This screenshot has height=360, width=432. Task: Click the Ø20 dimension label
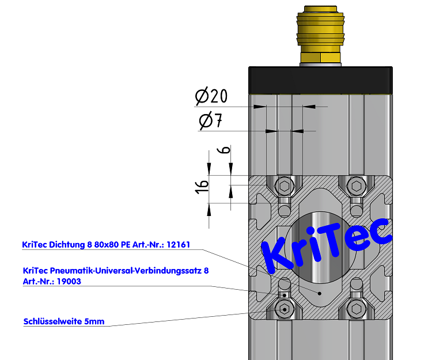[211, 96]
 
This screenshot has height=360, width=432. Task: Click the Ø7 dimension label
[210, 121]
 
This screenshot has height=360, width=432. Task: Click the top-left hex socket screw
[284, 186]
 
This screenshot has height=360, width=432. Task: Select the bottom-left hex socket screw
[284, 309]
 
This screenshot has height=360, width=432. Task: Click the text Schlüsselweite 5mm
[64, 321]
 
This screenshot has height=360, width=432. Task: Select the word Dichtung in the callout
[65, 245]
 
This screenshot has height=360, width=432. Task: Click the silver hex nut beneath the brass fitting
[321, 59]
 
